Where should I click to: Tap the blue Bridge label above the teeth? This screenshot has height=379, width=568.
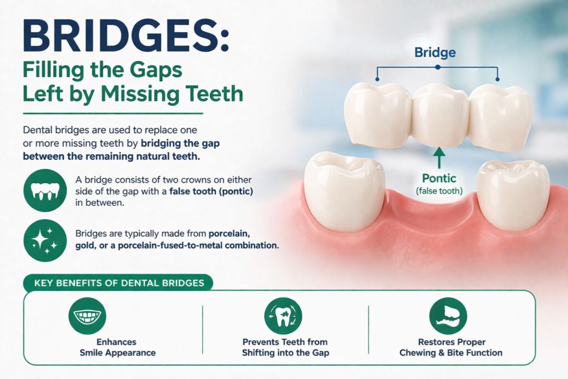click(x=435, y=53)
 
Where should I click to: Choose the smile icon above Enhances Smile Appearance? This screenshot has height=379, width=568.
click(x=88, y=316)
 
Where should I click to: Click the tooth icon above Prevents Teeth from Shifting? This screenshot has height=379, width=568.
click(x=284, y=316)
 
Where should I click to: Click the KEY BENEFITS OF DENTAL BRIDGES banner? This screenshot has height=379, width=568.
click(x=119, y=283)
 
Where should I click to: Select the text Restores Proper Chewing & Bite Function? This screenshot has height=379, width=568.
click(x=451, y=347)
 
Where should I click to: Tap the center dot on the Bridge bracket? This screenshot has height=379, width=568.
click(x=438, y=67)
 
